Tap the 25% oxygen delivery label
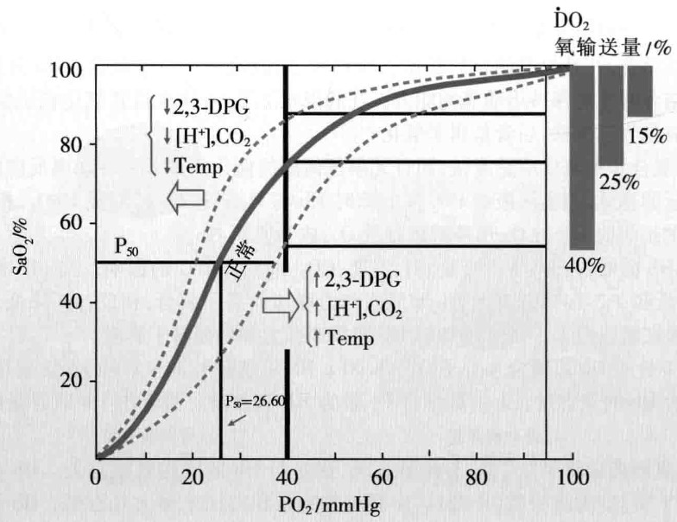click(616, 182)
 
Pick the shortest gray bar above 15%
click(640, 92)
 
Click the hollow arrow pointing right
click(279, 304)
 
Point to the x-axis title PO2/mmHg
click(330, 503)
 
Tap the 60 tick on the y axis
click(71, 223)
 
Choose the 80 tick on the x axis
click(474, 476)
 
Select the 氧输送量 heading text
click(600, 48)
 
